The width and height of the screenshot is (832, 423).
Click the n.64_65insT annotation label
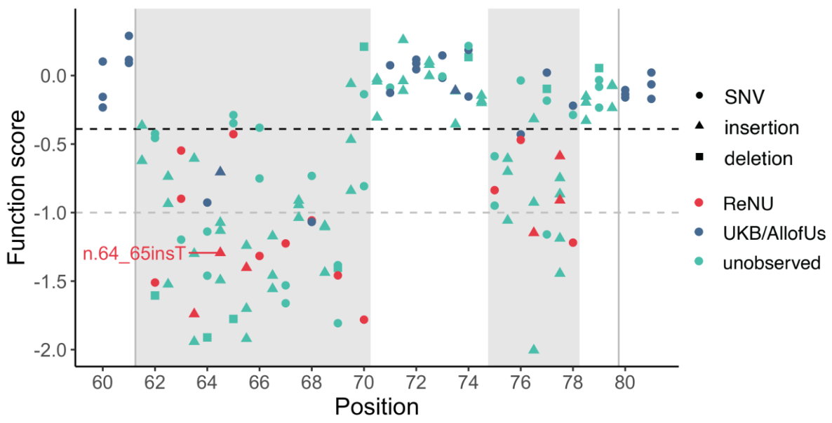coord(134,253)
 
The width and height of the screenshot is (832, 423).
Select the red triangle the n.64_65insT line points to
coord(220,251)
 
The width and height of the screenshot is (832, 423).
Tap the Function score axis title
coord(19,187)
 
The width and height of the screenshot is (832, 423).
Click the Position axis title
coord(377,407)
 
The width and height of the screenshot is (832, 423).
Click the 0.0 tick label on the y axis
coord(54,75)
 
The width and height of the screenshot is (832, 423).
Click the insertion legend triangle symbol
coord(699,127)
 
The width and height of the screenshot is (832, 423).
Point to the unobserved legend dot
coord(699,263)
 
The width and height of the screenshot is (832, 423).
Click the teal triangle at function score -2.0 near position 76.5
coord(534,349)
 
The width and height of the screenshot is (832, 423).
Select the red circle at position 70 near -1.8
coord(363,319)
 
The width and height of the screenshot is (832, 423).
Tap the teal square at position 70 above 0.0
coord(363,47)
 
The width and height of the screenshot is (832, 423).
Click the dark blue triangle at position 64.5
coord(220,171)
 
